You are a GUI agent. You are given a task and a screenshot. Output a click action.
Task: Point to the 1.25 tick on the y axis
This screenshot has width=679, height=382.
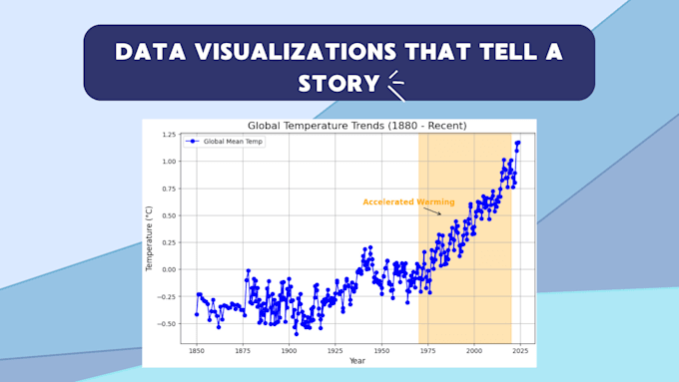click(168, 135)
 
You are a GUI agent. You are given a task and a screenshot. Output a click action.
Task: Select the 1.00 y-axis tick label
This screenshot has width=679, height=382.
click(168, 162)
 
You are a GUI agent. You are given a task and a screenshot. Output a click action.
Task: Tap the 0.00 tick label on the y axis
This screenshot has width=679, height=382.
click(168, 269)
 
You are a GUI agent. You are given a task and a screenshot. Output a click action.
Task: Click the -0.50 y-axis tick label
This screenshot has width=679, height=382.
click(166, 323)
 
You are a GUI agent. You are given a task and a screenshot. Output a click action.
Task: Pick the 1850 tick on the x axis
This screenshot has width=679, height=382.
click(196, 351)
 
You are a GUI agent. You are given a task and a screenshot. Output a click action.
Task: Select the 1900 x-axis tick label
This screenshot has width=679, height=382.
click(289, 351)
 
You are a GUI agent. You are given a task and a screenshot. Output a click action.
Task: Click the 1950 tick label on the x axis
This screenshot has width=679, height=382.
click(381, 351)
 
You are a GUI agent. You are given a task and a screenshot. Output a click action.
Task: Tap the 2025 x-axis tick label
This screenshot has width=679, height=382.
click(520, 351)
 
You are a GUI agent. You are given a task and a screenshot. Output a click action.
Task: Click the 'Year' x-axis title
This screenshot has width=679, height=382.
click(356, 361)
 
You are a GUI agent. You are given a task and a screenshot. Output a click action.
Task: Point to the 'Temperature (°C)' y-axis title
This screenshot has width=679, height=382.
click(150, 239)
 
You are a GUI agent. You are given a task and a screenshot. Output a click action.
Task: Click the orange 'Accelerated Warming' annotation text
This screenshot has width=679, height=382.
click(408, 201)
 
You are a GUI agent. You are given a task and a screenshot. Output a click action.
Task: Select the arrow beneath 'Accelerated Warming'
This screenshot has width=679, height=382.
click(432, 211)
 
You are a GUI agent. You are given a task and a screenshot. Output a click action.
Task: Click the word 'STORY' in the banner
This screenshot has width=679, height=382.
click(339, 83)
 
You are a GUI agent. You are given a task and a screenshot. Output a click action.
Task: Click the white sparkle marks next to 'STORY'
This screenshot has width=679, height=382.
click(396, 85)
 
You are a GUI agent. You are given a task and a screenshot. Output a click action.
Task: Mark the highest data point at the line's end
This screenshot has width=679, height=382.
click(518, 143)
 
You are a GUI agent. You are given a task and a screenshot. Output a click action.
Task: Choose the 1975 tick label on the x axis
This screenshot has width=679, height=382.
click(427, 351)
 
